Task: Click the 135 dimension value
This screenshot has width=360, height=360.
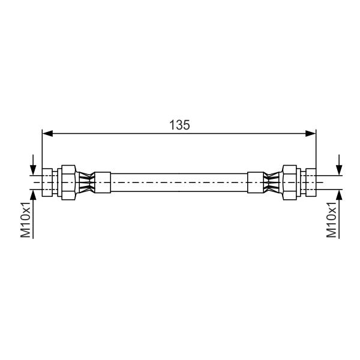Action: (x=179, y=125)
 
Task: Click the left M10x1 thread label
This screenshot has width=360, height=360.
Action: (x=25, y=220)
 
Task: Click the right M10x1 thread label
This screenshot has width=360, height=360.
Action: (x=332, y=220)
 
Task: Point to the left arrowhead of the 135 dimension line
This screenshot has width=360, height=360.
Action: (x=47, y=133)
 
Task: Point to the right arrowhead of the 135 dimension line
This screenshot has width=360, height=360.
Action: (x=311, y=133)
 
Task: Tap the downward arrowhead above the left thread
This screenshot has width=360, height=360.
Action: (x=33, y=170)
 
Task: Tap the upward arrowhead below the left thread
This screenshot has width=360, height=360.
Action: (x=33, y=195)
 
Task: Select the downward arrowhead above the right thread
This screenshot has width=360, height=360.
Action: (x=339, y=170)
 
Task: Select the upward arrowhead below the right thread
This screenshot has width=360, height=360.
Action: (x=339, y=195)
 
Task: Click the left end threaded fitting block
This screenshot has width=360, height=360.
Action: (x=47, y=182)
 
